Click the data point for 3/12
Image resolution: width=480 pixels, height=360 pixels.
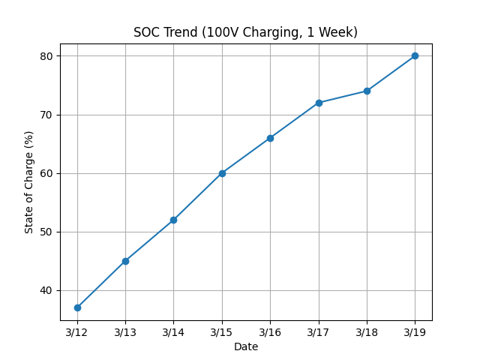coord(77,307)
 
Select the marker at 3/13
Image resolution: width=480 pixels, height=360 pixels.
coord(125,261)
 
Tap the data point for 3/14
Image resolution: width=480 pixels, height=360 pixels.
coord(173,220)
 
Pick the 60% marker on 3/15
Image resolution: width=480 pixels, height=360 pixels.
coord(222,173)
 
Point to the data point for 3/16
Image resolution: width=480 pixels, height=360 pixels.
coord(270,138)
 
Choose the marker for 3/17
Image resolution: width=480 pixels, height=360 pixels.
coord(319,103)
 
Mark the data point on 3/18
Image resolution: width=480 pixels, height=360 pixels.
coord(367,91)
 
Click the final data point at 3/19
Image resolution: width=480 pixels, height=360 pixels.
coord(415,55)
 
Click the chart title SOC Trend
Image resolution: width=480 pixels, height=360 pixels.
coord(245,32)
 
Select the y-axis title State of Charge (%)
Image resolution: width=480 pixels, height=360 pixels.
coord(29,181)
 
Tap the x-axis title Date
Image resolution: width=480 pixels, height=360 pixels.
coord(245,346)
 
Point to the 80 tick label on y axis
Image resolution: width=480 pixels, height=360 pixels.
coord(46,56)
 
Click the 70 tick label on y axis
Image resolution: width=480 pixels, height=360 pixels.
coord(46,115)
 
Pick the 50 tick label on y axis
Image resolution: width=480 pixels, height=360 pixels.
coord(46,232)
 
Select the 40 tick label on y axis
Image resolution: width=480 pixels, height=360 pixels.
coord(46,290)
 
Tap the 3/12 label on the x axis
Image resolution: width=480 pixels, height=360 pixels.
coord(77,332)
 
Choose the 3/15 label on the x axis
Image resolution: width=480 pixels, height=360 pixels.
coord(222,332)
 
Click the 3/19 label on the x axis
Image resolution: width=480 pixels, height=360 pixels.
coord(415,332)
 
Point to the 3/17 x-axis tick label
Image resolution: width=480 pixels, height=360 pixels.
coord(319,332)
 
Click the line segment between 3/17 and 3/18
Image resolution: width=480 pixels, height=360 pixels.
coord(343,97)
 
